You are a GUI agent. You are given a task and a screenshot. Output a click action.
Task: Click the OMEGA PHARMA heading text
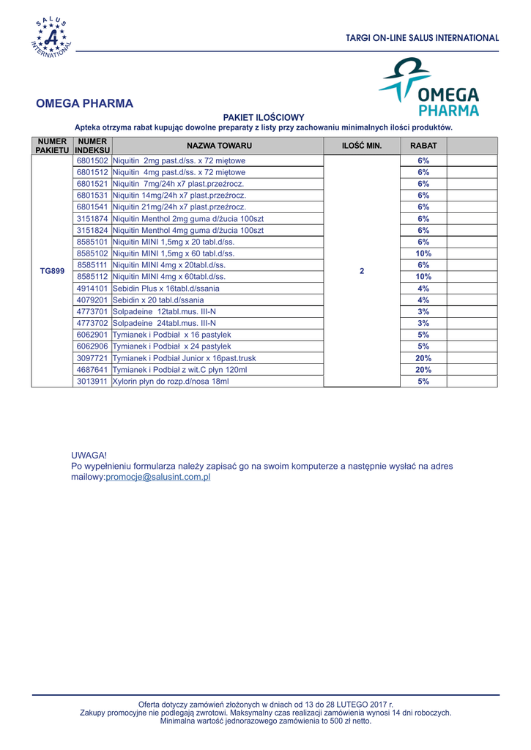coord(85,104)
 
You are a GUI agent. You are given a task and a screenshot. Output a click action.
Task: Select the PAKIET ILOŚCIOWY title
coord(263,117)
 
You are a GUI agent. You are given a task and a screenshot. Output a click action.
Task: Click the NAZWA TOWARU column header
coord(219,146)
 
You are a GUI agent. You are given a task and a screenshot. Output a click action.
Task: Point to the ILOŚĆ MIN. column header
coord(362,146)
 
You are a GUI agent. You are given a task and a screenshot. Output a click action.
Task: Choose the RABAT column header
coord(423,146)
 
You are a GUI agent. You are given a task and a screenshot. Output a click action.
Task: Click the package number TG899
coord(52,270)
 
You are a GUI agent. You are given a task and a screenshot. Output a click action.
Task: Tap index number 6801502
coord(92,160)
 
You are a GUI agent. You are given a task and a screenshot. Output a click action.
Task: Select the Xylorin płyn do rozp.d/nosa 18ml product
coord(171,382)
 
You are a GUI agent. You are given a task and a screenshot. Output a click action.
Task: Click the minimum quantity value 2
coord(362,270)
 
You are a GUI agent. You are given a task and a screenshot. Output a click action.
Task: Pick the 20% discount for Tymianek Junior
coord(423,358)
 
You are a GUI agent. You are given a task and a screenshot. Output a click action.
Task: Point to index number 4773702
coord(92,323)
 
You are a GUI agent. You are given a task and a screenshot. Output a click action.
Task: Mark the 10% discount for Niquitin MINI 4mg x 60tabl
coord(423,277)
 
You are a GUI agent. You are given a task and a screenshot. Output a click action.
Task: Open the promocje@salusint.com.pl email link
coord(158,477)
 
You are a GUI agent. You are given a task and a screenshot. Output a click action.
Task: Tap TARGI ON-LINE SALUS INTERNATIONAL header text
coord(423,37)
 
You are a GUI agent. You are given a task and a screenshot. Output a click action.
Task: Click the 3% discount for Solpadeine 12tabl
coord(423,311)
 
